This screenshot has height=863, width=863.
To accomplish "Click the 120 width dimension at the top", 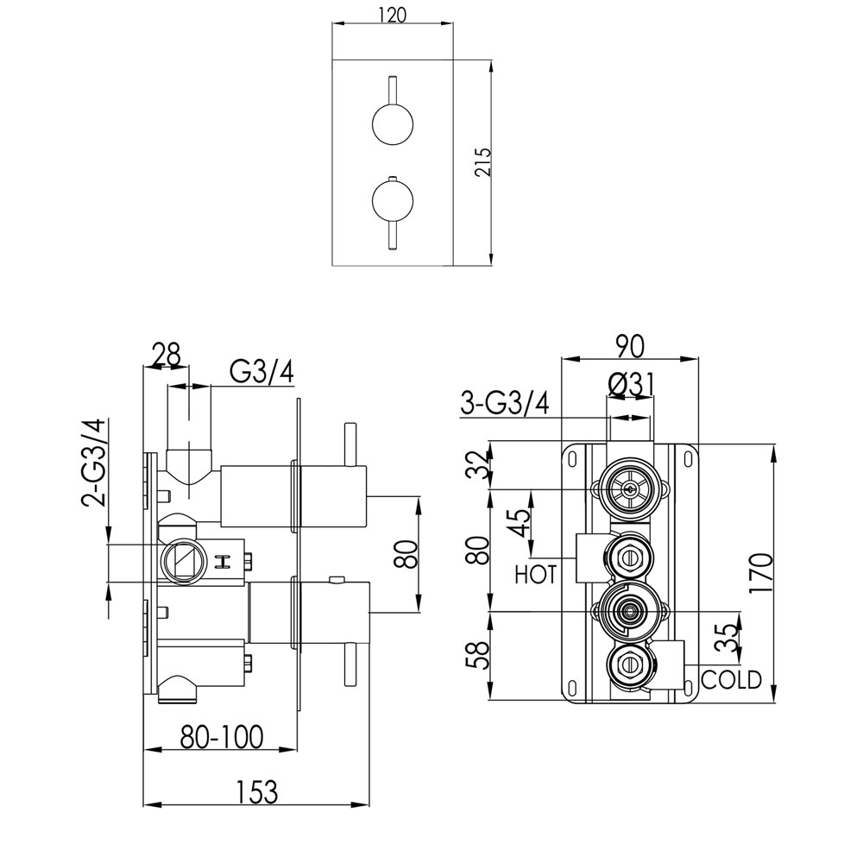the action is point(393,15).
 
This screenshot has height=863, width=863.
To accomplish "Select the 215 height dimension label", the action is point(482,162).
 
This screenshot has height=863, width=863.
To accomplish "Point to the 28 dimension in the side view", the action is point(166,355).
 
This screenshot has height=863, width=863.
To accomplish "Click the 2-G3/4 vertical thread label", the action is point(93,463).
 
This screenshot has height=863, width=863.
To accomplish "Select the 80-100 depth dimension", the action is point(222,736).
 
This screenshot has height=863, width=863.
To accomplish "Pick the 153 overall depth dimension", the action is point(257,792).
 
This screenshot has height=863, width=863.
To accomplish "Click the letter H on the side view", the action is point(224,562).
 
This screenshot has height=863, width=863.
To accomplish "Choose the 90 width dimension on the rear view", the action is point(629,346).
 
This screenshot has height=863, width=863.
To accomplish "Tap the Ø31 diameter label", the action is point(630,384).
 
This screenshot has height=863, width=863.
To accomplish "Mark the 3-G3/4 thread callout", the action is point(505,403).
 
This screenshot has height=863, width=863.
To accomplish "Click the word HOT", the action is point(536,575).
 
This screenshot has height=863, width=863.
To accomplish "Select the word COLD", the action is point(731,680).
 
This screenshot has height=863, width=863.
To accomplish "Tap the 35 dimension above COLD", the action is point(728,638).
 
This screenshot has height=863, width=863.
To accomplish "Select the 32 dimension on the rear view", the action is point(480,465).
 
